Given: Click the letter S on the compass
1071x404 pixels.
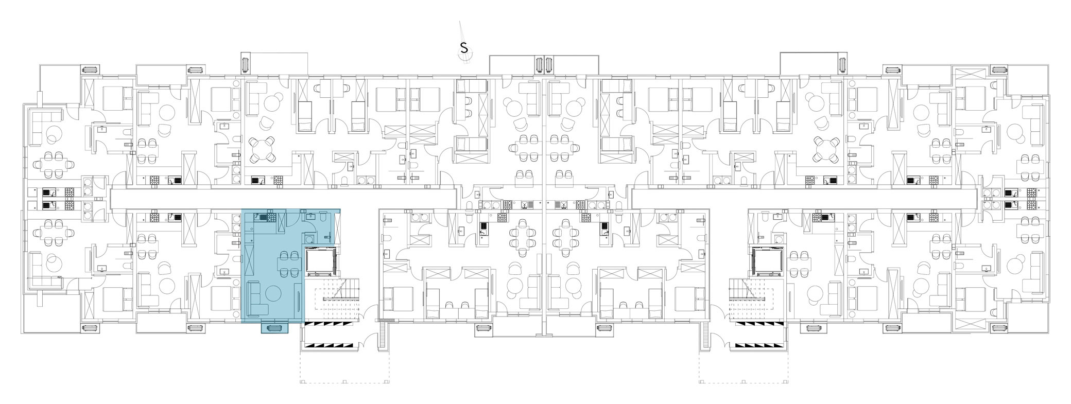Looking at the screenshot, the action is point(464,48).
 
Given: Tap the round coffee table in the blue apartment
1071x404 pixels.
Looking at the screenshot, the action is point(273,294).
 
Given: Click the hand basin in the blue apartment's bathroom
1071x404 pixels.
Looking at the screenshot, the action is point(310,217).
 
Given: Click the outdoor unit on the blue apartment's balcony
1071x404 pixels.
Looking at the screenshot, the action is point(274,327).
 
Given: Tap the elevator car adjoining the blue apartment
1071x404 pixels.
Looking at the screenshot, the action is point(321,261).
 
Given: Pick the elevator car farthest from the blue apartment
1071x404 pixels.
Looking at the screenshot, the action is point(768,261).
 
